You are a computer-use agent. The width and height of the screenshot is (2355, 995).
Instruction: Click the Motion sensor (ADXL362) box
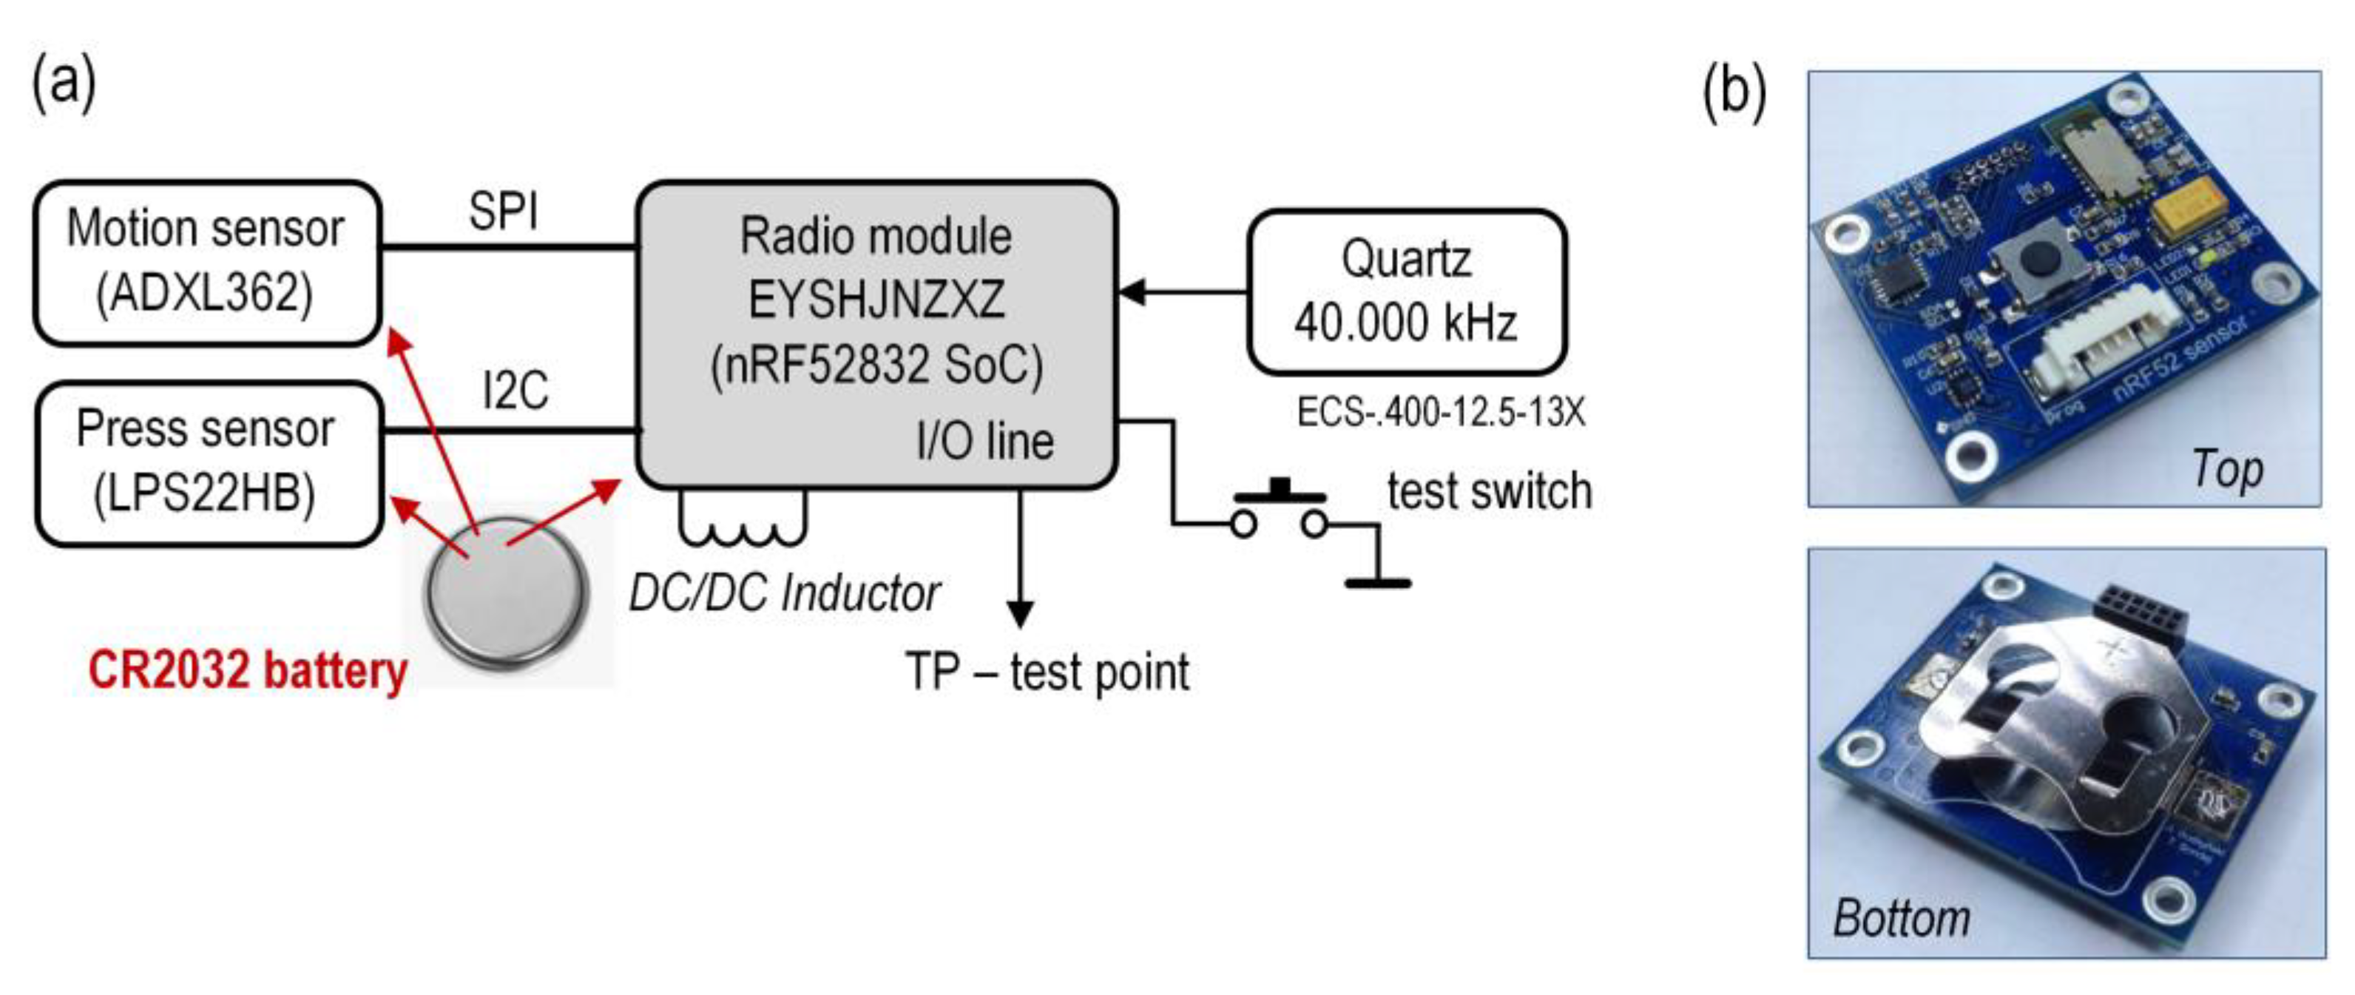click(206, 263)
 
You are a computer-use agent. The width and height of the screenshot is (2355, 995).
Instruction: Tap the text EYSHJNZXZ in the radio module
click(876, 300)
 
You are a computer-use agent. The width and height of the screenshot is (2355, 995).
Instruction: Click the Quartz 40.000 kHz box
click(1406, 291)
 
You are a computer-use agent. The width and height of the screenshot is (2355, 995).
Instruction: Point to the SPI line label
click(503, 212)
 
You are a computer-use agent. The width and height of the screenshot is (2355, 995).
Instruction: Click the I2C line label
click(515, 391)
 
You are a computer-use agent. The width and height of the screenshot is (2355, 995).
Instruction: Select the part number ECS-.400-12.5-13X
click(1440, 413)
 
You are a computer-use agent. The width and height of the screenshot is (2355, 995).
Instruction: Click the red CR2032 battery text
click(247, 670)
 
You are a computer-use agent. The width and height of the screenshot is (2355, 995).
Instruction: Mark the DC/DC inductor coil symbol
click(743, 523)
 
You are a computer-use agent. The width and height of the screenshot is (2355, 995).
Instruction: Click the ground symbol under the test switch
click(1376, 581)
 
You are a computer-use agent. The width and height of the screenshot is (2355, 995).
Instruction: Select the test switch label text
click(1488, 491)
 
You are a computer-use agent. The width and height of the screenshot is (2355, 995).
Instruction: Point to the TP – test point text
click(1046, 672)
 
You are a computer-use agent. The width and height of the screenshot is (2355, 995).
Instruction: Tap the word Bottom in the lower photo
click(1901, 918)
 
